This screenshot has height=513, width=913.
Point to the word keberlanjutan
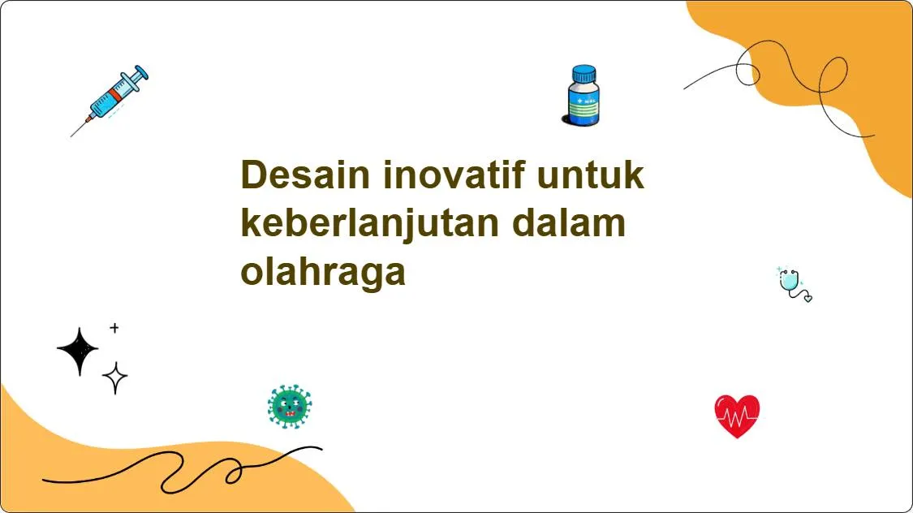pyautogui.click(x=369, y=224)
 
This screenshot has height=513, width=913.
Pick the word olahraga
pyautogui.click(x=323, y=273)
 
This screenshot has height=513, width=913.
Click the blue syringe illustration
pyautogui.click(x=114, y=98)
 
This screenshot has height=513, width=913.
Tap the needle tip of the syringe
pyautogui.click(x=74, y=133)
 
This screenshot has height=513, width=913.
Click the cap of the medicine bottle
pyautogui.click(x=582, y=74)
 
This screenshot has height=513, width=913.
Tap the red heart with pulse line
pyautogui.click(x=737, y=416)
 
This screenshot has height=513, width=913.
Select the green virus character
pyautogui.click(x=290, y=407)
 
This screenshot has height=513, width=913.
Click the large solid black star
pyautogui.click(x=78, y=351)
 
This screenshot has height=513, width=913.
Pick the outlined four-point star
pyautogui.click(x=114, y=377)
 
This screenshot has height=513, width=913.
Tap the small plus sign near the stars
pyautogui.click(x=114, y=328)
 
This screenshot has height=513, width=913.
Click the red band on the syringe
pyautogui.click(x=117, y=95)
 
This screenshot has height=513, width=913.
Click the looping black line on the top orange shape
pyautogui.click(x=779, y=81)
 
